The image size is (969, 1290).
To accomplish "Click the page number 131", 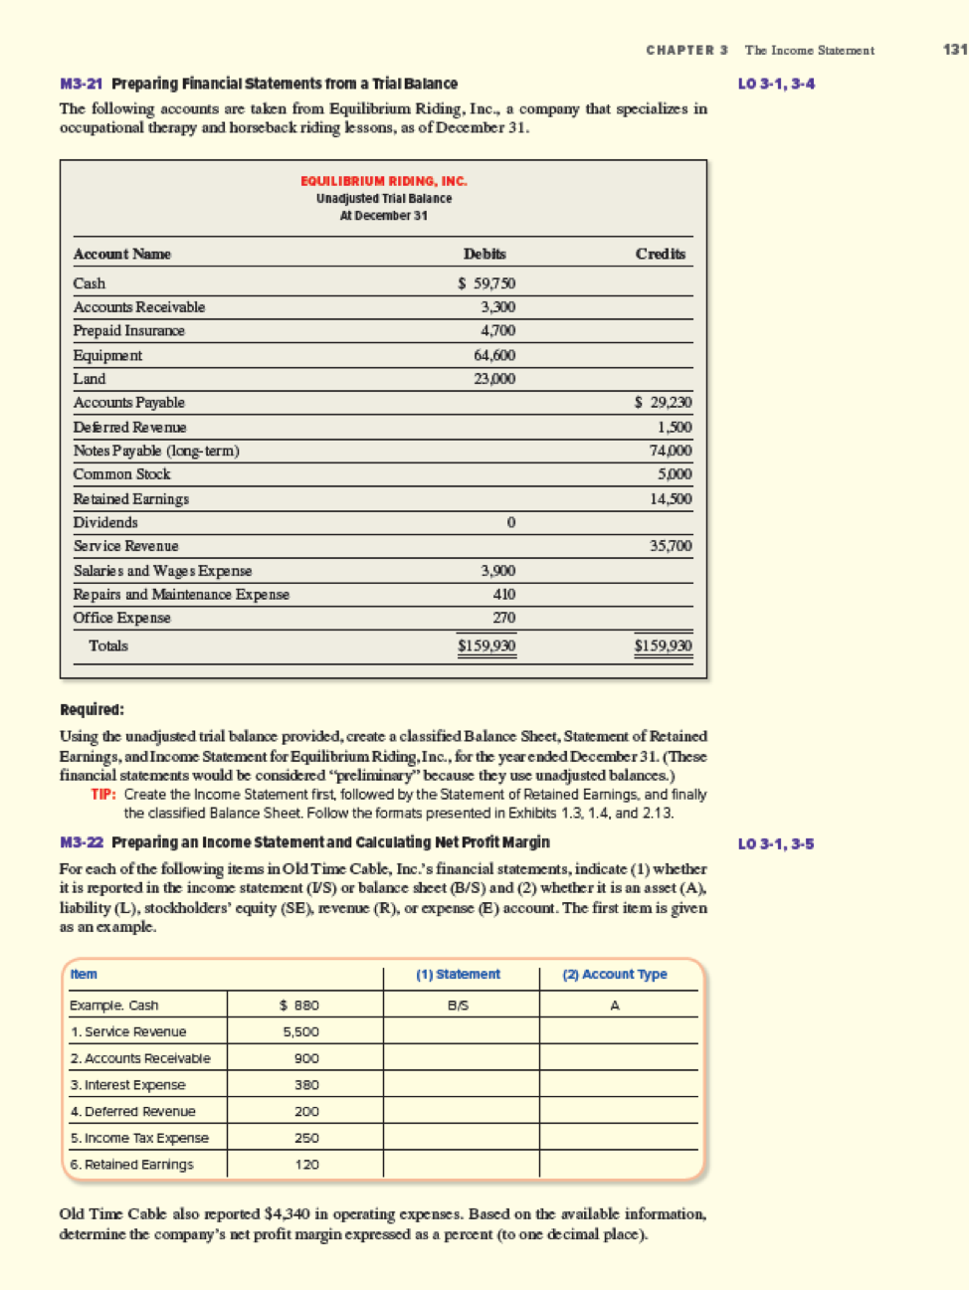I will click(x=954, y=50).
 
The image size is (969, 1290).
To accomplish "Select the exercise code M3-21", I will click(x=82, y=84).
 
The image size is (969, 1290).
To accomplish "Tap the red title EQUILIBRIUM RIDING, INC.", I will click(x=384, y=181).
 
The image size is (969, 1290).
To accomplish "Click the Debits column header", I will click(x=484, y=254).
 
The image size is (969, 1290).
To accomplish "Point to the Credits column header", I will click(x=661, y=254).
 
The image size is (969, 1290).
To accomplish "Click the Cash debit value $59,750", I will click(x=486, y=283).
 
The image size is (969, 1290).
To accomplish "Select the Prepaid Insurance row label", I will click(x=129, y=330).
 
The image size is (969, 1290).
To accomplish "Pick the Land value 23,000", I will click(x=494, y=379).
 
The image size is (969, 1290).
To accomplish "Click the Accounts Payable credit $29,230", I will click(x=664, y=403).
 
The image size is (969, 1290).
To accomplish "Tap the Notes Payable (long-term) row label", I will click(x=156, y=451).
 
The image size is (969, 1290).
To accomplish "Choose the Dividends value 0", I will click(x=510, y=522).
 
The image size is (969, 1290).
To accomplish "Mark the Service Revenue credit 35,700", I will click(x=671, y=546).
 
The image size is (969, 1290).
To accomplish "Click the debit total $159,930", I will click(x=486, y=645).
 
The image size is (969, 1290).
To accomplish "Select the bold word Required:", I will click(x=93, y=709).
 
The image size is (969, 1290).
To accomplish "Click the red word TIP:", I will click(x=103, y=795).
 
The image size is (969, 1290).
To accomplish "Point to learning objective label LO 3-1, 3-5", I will click(x=776, y=843).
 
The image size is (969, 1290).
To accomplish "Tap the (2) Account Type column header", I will click(x=615, y=975).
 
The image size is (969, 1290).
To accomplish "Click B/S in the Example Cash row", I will click(x=459, y=1006).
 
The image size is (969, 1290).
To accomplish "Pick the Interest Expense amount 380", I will click(x=306, y=1085).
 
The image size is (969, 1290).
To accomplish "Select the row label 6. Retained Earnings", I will click(x=132, y=1165).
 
